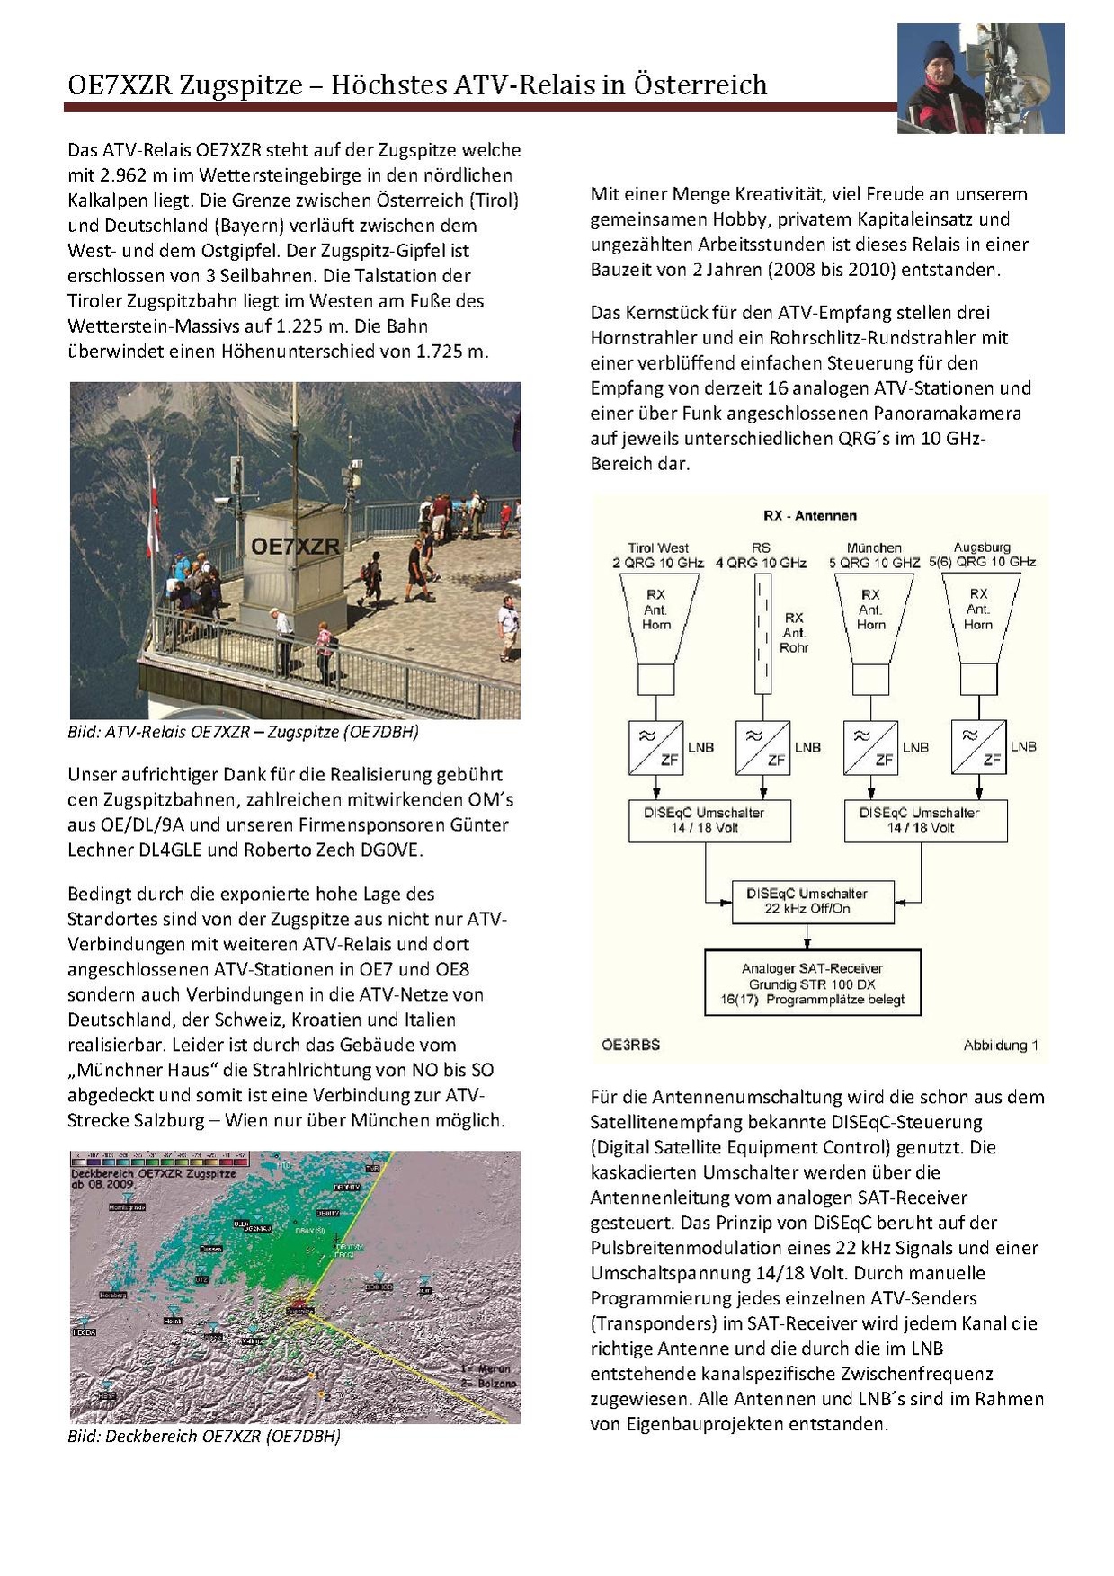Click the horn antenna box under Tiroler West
click(x=656, y=620)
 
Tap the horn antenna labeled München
click(x=871, y=620)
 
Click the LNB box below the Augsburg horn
click(x=978, y=747)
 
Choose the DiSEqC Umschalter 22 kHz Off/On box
click(x=813, y=901)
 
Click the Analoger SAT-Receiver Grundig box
click(x=813, y=983)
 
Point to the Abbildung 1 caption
click(x=1001, y=1045)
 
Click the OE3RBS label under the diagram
click(x=630, y=1045)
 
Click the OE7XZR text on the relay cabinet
click(x=295, y=546)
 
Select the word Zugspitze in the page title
click(x=241, y=85)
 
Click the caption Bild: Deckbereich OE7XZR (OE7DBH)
click(x=204, y=1436)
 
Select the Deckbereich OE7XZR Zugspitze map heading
click(x=153, y=1174)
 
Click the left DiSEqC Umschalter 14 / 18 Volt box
click(x=709, y=820)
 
